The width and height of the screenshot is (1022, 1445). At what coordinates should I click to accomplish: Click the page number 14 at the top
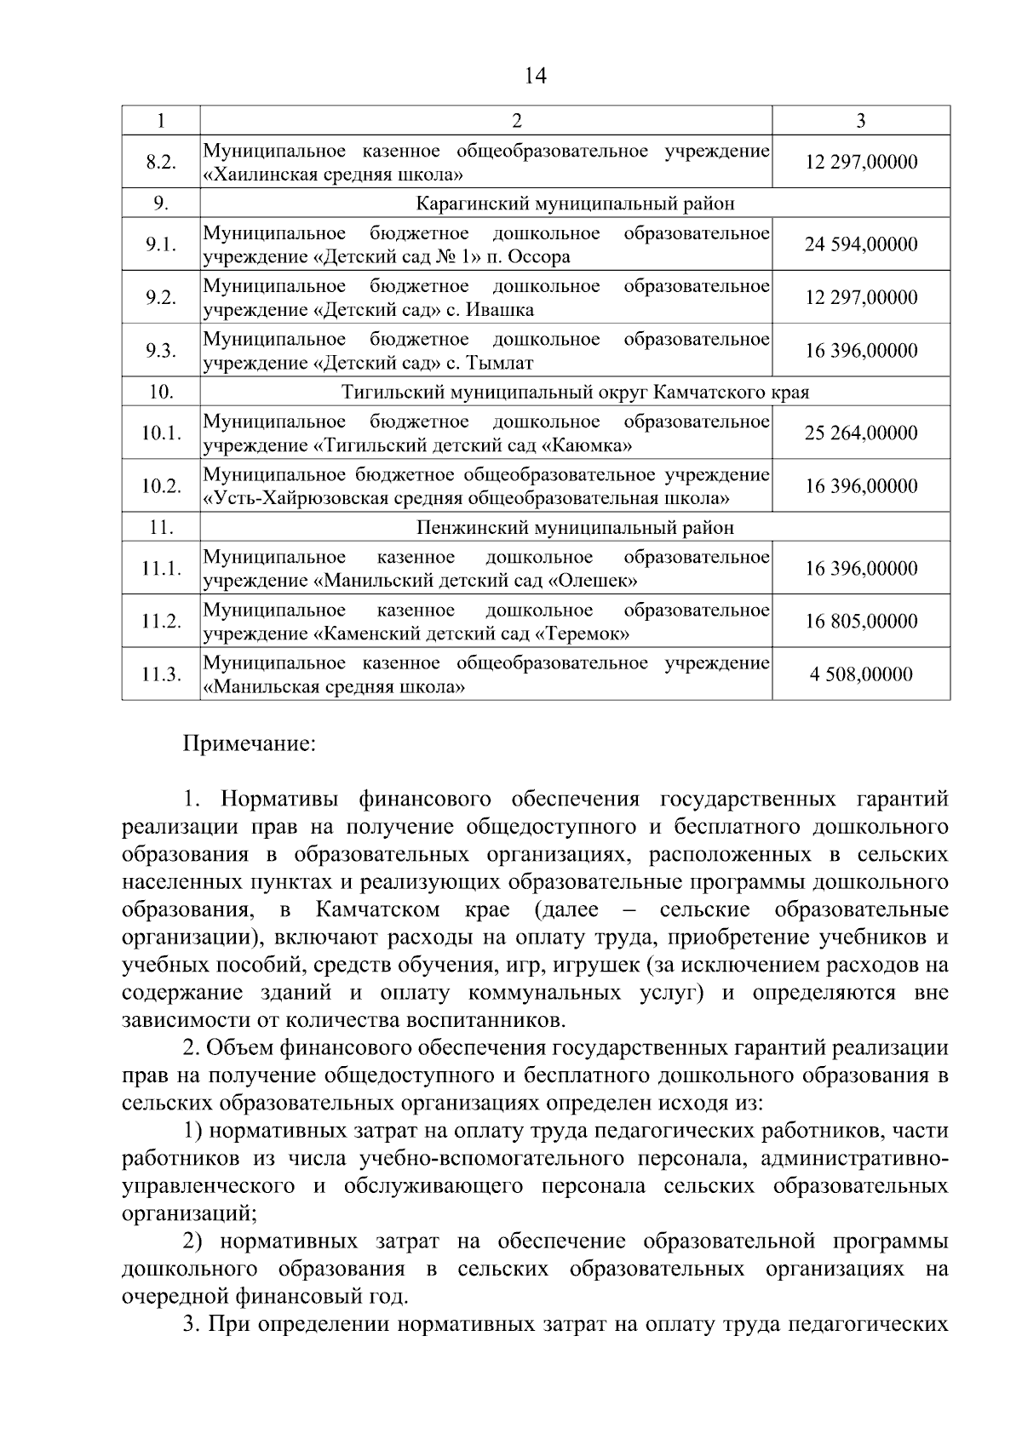coord(535,76)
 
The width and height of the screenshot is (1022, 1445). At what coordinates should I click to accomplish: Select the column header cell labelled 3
coord(860,121)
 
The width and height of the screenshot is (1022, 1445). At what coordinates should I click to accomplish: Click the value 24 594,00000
coord(861,244)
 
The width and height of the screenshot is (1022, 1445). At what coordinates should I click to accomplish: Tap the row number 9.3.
coord(160,351)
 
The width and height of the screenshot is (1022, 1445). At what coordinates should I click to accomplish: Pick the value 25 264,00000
coord(861,433)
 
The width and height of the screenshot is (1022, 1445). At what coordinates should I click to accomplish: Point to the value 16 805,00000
coord(861,622)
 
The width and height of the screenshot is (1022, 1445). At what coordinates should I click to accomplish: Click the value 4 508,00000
coord(861,674)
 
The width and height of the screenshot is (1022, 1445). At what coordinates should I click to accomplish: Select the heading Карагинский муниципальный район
coord(575,204)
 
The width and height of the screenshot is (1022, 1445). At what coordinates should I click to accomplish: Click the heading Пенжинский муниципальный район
coord(575,528)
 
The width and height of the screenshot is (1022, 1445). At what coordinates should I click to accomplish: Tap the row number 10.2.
coord(161,486)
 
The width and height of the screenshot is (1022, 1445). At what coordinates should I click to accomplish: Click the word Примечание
coord(250,744)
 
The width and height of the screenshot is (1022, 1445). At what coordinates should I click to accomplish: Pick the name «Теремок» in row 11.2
coord(583,634)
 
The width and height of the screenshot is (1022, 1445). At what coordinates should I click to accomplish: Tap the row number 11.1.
coord(161,569)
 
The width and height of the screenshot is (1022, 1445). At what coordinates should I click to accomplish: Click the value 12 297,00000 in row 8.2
coord(861,162)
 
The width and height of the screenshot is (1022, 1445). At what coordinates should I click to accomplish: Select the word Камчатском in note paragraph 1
coord(377,910)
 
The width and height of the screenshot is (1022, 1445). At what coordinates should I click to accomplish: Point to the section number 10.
coord(161,392)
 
